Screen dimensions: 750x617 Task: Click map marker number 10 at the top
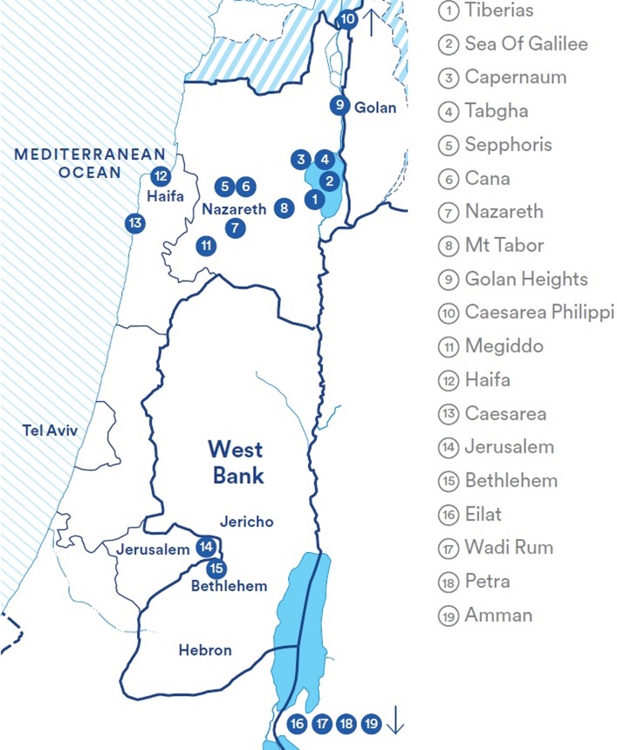(x=347, y=18)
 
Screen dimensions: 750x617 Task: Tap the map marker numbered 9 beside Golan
(x=339, y=106)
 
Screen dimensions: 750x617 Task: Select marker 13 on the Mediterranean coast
(x=134, y=223)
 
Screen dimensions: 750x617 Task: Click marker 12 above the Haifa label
(x=160, y=176)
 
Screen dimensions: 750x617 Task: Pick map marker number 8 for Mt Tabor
(x=284, y=208)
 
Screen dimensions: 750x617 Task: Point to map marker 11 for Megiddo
(x=206, y=246)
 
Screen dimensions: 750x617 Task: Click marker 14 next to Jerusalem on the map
(x=206, y=548)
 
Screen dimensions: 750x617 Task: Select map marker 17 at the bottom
(x=322, y=723)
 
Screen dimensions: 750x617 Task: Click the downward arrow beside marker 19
(x=395, y=721)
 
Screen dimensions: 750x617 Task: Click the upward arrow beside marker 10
(x=370, y=21)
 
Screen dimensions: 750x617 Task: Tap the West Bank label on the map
(x=236, y=463)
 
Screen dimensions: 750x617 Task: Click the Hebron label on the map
(x=205, y=650)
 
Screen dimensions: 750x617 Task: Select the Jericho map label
(x=247, y=522)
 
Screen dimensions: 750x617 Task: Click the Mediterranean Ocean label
(x=67, y=163)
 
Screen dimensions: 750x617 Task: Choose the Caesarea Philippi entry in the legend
(x=538, y=312)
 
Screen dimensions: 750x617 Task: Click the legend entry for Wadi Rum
(x=509, y=548)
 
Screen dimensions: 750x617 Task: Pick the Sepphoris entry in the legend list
(x=508, y=144)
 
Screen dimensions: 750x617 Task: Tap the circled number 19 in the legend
(x=448, y=616)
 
